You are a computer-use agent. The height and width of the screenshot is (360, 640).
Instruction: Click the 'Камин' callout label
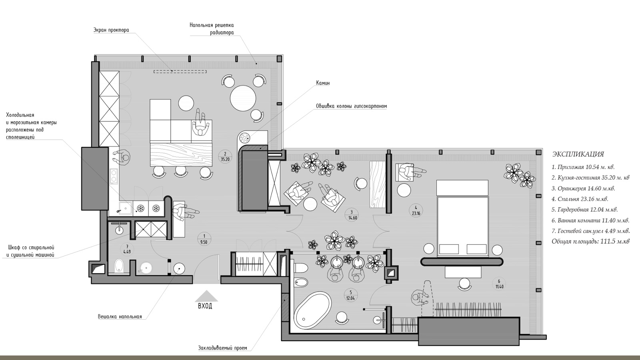[x=322, y=83]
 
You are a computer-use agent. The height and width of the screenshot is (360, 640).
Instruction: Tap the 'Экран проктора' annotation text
[x=111, y=30]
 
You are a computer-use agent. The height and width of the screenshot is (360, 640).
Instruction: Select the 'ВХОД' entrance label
[x=205, y=306]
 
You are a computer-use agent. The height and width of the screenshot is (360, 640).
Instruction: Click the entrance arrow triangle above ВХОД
[x=206, y=296]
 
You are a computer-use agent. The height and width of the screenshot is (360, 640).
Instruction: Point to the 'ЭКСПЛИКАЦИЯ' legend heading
[x=578, y=154]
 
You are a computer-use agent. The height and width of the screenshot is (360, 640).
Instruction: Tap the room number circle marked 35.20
[x=225, y=156]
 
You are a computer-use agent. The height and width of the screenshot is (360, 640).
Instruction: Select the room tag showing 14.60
[x=352, y=215]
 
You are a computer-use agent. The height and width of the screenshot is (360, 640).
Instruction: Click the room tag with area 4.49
[x=127, y=249]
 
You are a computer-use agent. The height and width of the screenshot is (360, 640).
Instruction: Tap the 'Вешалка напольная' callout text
[x=120, y=316]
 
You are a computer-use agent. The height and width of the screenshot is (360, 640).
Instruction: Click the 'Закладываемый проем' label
[x=222, y=348]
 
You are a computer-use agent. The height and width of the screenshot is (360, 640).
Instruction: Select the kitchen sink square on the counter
[x=124, y=208]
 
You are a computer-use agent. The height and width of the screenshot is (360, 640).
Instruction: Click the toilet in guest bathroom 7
[x=119, y=266]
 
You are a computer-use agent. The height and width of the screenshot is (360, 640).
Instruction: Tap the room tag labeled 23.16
[x=416, y=210]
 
